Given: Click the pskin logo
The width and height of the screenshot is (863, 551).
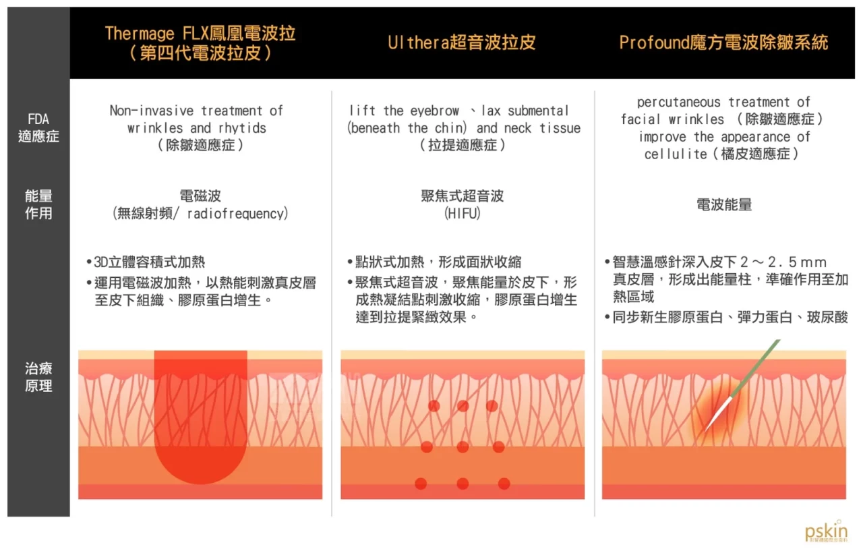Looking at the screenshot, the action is click(x=826, y=531).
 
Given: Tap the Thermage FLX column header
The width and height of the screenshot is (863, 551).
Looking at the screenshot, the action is click(x=200, y=43).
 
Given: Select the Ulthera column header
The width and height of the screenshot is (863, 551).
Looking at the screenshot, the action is click(x=462, y=42).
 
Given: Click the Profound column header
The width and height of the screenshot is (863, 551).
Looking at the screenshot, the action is click(x=723, y=42).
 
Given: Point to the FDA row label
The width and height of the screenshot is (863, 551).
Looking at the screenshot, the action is click(x=38, y=127).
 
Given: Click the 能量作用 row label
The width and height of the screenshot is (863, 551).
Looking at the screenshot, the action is click(x=38, y=204).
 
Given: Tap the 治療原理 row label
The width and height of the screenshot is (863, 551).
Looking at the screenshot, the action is click(x=38, y=377).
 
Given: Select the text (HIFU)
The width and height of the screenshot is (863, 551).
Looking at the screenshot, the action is click(x=463, y=213).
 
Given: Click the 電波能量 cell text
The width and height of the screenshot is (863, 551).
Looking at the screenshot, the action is click(x=724, y=204).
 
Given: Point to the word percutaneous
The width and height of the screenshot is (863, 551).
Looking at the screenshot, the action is click(x=678, y=103).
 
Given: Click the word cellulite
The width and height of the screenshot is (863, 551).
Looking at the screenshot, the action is click(x=676, y=154).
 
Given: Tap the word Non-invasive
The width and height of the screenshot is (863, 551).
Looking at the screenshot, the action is click(x=152, y=111).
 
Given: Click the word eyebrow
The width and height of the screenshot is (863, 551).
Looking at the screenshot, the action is click(x=435, y=111).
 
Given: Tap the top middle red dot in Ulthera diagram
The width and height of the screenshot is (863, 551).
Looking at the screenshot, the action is click(x=463, y=406).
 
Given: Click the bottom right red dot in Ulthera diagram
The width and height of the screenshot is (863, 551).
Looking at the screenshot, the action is click(x=504, y=484).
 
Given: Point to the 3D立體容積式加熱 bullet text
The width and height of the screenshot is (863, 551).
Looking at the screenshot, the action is click(x=150, y=262).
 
